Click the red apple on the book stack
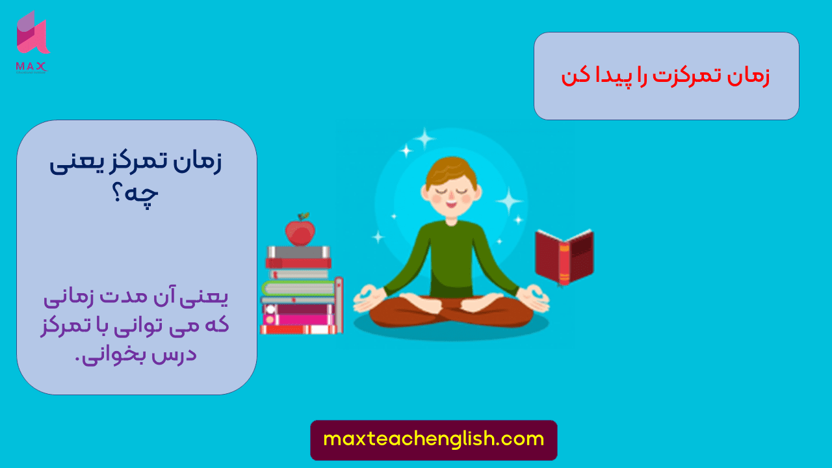(x=300, y=231)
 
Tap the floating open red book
(x=564, y=256)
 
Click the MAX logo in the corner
(x=32, y=40)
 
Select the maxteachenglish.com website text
(x=434, y=439)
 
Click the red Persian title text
(x=666, y=76)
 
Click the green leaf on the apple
(x=304, y=216)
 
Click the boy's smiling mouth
(x=451, y=203)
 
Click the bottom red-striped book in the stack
(x=299, y=329)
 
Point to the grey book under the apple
(x=299, y=252)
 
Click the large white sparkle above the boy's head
(x=424, y=138)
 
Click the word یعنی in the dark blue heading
(x=72, y=163)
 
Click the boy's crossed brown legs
(x=451, y=311)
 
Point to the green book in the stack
(x=299, y=288)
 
